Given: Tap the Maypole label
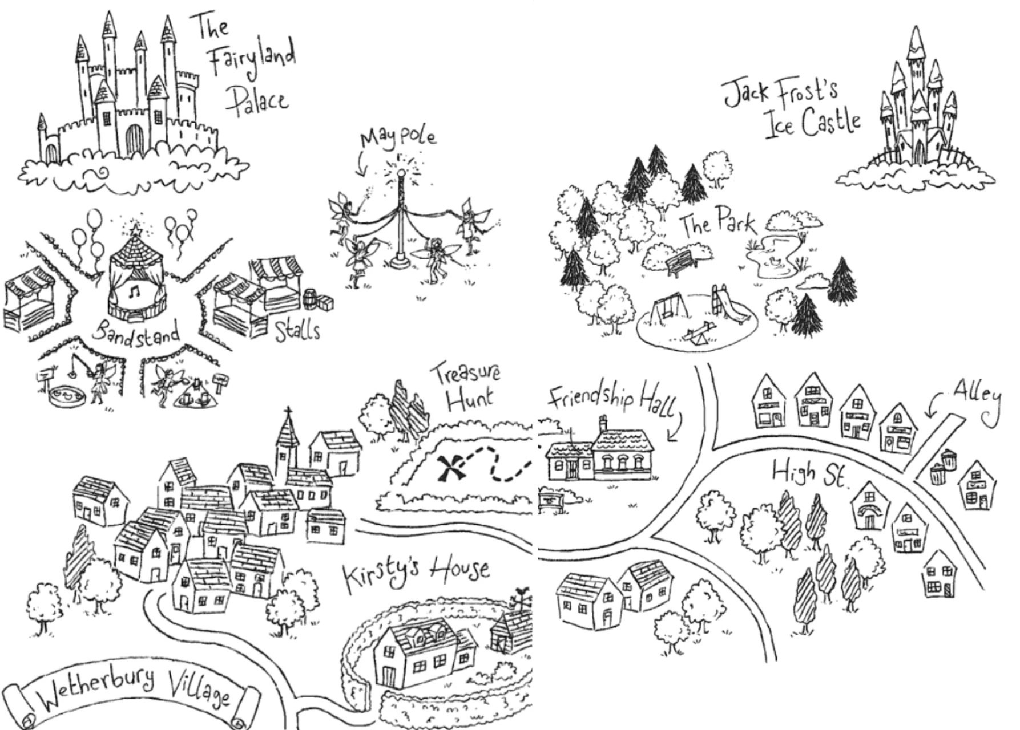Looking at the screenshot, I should (398, 137).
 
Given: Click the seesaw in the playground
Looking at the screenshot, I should (693, 336).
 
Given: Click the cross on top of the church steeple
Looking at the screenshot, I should (289, 412).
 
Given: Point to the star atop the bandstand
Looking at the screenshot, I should (136, 230).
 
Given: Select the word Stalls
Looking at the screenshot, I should (297, 330).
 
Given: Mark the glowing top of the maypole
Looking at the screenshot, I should (401, 172).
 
